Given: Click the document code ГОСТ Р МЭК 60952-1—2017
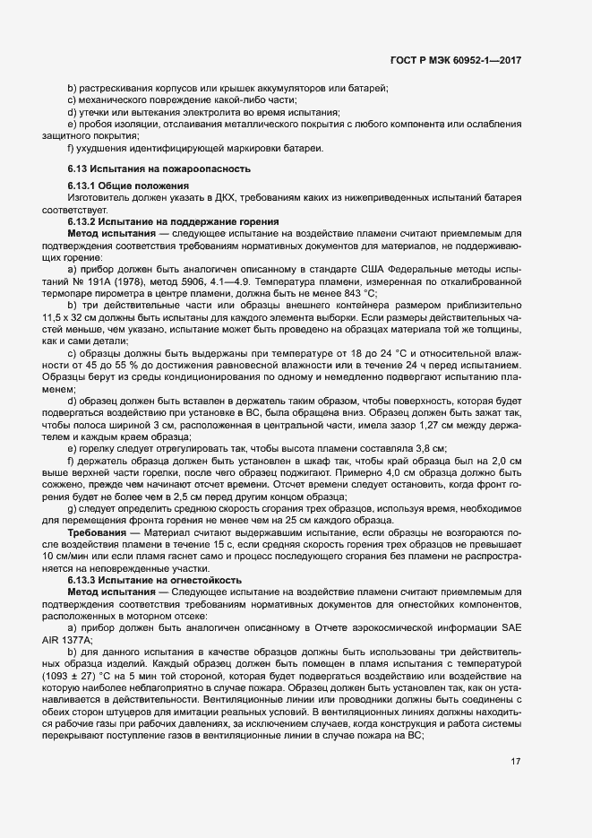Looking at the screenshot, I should coord(456,60).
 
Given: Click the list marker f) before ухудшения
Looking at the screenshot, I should coord(71,147).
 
